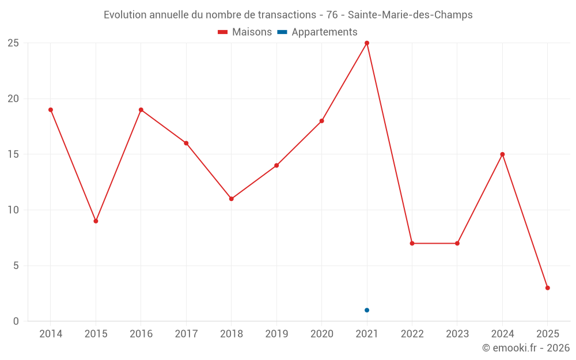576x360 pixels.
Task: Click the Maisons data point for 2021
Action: (367, 43)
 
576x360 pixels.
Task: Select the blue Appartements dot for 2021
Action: (367, 310)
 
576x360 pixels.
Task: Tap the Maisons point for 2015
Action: (96, 221)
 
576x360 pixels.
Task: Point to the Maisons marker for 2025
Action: (547, 288)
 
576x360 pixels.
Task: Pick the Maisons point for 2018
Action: (231, 199)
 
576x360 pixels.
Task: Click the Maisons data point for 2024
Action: (502, 154)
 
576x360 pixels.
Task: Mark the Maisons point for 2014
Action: (51, 110)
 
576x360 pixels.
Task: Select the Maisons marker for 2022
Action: (412, 244)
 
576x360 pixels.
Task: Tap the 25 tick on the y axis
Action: (13, 43)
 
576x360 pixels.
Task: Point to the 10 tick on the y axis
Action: (13, 210)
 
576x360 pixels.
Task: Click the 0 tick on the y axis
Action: (16, 321)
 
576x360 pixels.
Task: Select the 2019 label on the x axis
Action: (276, 334)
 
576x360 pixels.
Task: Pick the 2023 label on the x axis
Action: (457, 334)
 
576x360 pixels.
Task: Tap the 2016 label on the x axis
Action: (141, 334)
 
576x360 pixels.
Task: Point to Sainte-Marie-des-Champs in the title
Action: (410, 15)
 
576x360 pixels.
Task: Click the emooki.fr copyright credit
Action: (526, 348)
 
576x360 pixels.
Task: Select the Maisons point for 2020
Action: (321, 121)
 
